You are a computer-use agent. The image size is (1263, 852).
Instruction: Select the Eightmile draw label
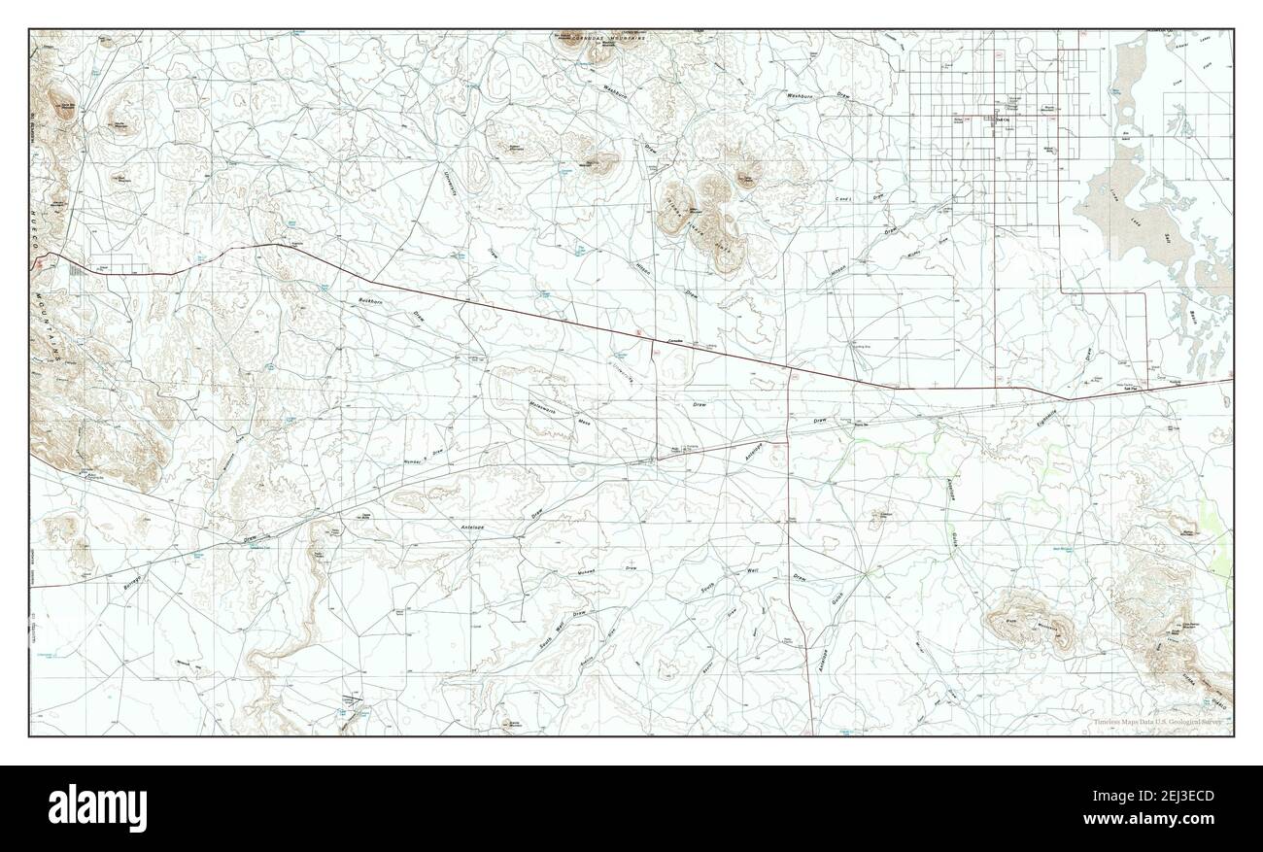click(1047, 418)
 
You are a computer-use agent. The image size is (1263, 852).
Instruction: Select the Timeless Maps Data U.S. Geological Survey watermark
click(1160, 722)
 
